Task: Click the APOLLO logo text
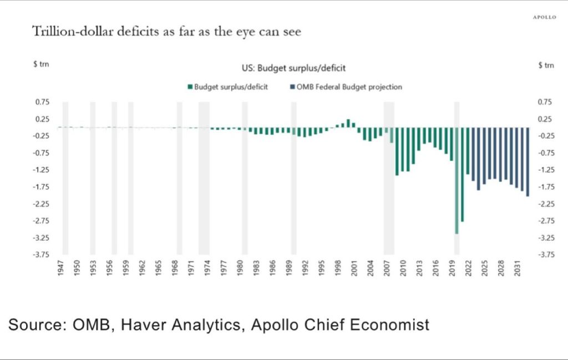(544, 17)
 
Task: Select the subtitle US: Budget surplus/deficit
(293, 68)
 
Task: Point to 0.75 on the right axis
(545, 102)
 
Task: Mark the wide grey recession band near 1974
(204, 178)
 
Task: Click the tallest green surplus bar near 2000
(348, 123)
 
